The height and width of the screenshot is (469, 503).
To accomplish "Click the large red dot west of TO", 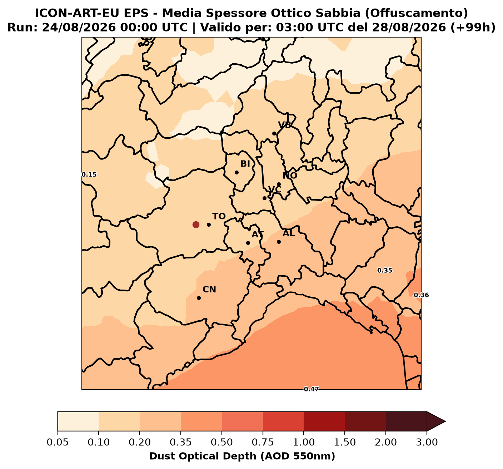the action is [x=195, y=224].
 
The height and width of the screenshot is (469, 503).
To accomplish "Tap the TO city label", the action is [x=219, y=216].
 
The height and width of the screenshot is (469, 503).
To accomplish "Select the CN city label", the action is [x=209, y=289].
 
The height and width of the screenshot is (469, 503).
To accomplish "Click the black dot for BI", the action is [x=236, y=172].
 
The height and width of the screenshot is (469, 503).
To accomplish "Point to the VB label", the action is [x=285, y=125].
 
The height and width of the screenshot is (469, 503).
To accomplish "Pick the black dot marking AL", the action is [x=279, y=242].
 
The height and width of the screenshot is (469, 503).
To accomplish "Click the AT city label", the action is [x=258, y=234].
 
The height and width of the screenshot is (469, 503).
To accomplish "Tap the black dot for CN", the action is [x=199, y=298].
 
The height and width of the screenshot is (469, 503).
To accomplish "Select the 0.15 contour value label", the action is [x=89, y=174].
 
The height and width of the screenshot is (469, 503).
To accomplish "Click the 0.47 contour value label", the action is [x=311, y=389].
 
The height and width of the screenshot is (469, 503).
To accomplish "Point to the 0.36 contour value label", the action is [x=421, y=295].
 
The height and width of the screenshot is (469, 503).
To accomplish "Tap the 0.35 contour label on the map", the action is [x=385, y=270].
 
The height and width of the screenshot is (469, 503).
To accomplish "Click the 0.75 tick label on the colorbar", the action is [x=263, y=442].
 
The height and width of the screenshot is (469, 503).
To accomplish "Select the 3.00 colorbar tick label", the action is [x=427, y=442].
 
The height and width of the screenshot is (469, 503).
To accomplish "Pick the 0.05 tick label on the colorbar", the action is [x=58, y=442].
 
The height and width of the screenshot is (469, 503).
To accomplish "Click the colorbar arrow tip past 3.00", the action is [x=445, y=421].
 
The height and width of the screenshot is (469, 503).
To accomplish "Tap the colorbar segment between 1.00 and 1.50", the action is [x=324, y=421].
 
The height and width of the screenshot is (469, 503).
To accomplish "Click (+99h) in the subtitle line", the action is [x=473, y=28].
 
